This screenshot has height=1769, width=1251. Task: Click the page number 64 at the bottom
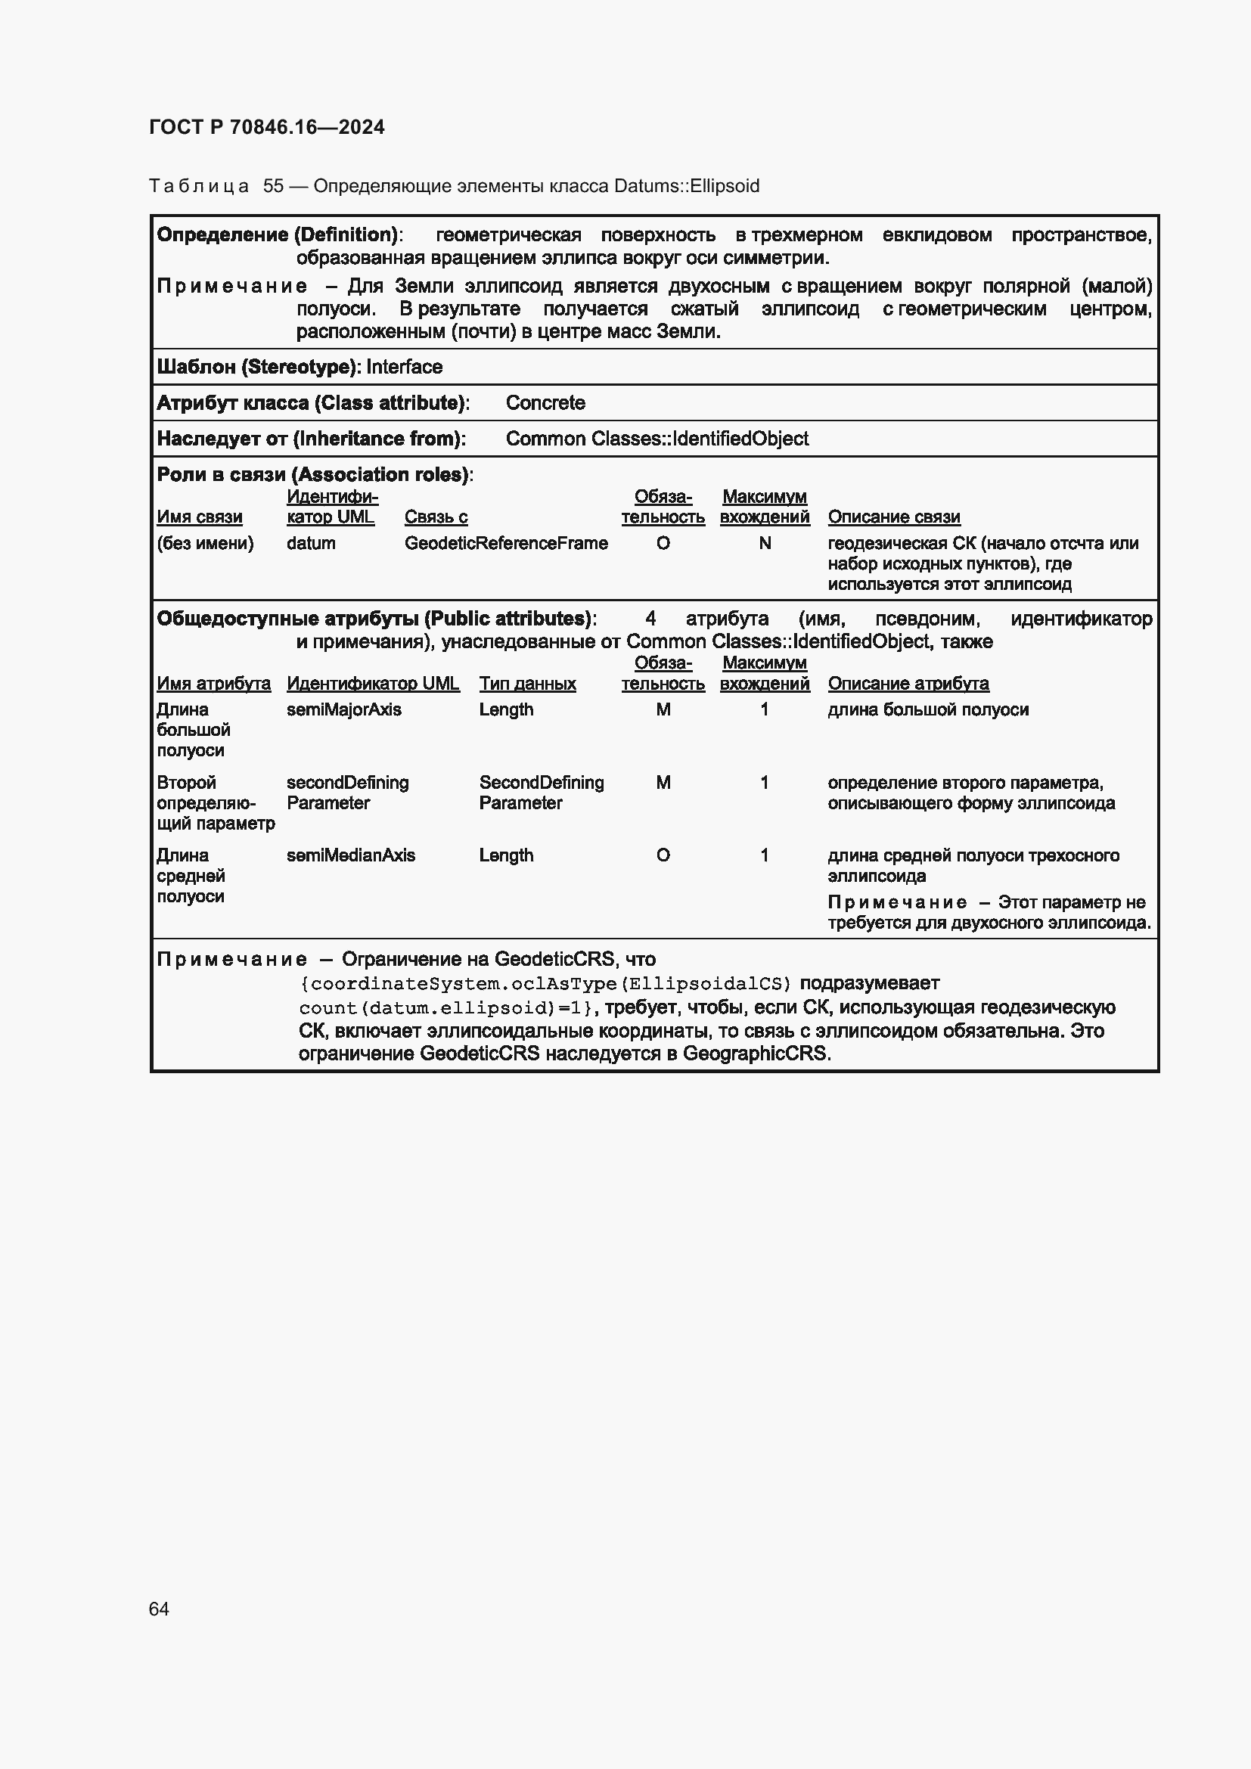(x=159, y=1609)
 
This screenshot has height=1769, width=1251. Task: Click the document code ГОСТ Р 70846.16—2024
(x=266, y=127)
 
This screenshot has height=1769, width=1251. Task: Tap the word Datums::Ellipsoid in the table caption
(x=686, y=186)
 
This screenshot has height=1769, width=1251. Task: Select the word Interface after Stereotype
(x=404, y=367)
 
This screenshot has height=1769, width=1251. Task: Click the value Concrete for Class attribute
(x=545, y=402)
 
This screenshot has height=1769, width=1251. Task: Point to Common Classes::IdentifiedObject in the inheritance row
(x=657, y=439)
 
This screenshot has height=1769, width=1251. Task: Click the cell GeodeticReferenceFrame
(x=505, y=543)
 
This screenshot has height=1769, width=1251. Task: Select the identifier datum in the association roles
(x=310, y=543)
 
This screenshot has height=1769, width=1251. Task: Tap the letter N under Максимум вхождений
(x=764, y=543)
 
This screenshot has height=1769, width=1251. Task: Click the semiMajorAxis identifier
(x=343, y=709)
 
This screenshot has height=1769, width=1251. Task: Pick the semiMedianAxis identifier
(x=350, y=855)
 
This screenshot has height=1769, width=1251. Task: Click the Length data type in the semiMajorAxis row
(x=505, y=709)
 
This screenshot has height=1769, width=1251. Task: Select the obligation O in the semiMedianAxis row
(x=663, y=855)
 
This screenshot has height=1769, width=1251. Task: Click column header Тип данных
(x=527, y=684)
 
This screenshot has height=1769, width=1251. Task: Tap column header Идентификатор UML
(x=372, y=684)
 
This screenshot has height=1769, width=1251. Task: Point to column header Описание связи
(x=893, y=517)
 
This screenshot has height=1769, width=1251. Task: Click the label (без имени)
(x=205, y=543)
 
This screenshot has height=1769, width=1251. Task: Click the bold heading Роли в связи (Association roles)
(x=313, y=475)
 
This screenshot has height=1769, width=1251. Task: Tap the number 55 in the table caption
(x=273, y=186)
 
